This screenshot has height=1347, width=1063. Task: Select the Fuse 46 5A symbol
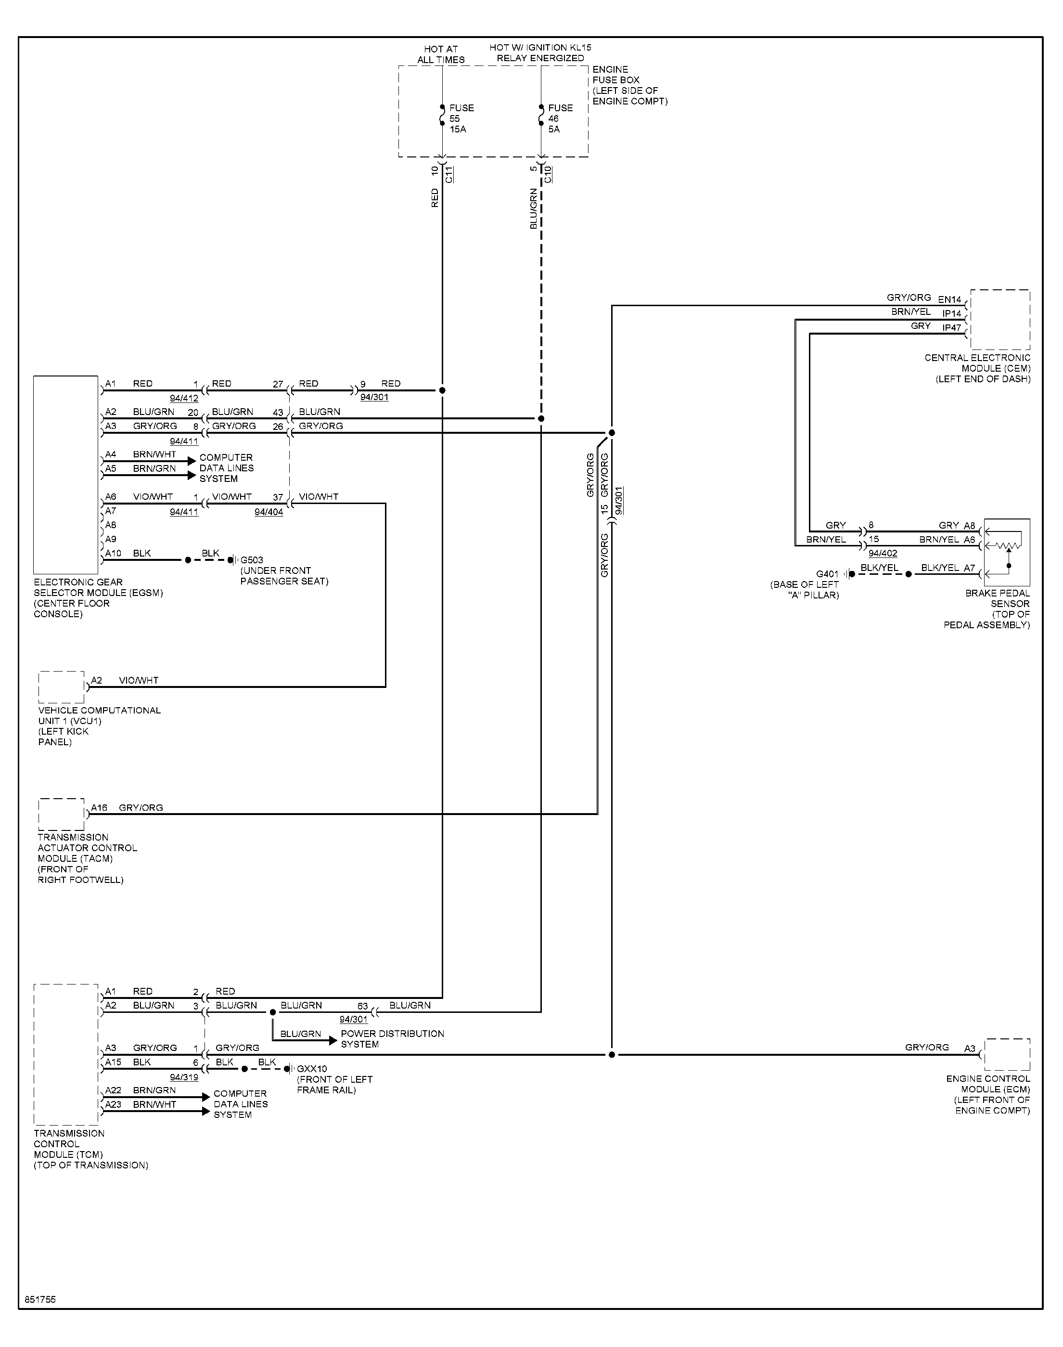pyautogui.click(x=541, y=116)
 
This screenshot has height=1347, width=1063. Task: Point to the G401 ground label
pyautogui.click(x=827, y=574)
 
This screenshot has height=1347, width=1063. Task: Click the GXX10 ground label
pyautogui.click(x=312, y=1069)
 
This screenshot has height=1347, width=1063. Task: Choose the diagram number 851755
pyautogui.click(x=40, y=1300)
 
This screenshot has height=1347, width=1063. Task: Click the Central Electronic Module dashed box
pyautogui.click(x=1000, y=319)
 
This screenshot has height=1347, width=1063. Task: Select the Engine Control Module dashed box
pyautogui.click(x=1008, y=1054)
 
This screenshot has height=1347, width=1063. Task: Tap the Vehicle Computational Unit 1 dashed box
pyautogui.click(x=61, y=687)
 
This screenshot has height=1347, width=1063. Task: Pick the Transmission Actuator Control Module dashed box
pyautogui.click(x=61, y=814)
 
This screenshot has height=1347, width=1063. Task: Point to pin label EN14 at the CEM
pyautogui.click(x=950, y=299)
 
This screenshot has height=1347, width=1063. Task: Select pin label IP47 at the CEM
pyautogui.click(x=951, y=327)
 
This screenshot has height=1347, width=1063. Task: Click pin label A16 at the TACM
pyautogui.click(x=99, y=807)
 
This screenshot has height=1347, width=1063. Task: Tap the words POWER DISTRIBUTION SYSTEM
pyautogui.click(x=392, y=1039)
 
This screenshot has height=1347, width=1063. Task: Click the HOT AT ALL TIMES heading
pyautogui.click(x=441, y=54)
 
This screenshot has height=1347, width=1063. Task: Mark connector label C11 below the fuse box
pyautogui.click(x=449, y=174)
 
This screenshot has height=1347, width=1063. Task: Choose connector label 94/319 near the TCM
pyautogui.click(x=184, y=1077)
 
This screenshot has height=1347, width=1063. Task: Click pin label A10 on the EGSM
pyautogui.click(x=113, y=553)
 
